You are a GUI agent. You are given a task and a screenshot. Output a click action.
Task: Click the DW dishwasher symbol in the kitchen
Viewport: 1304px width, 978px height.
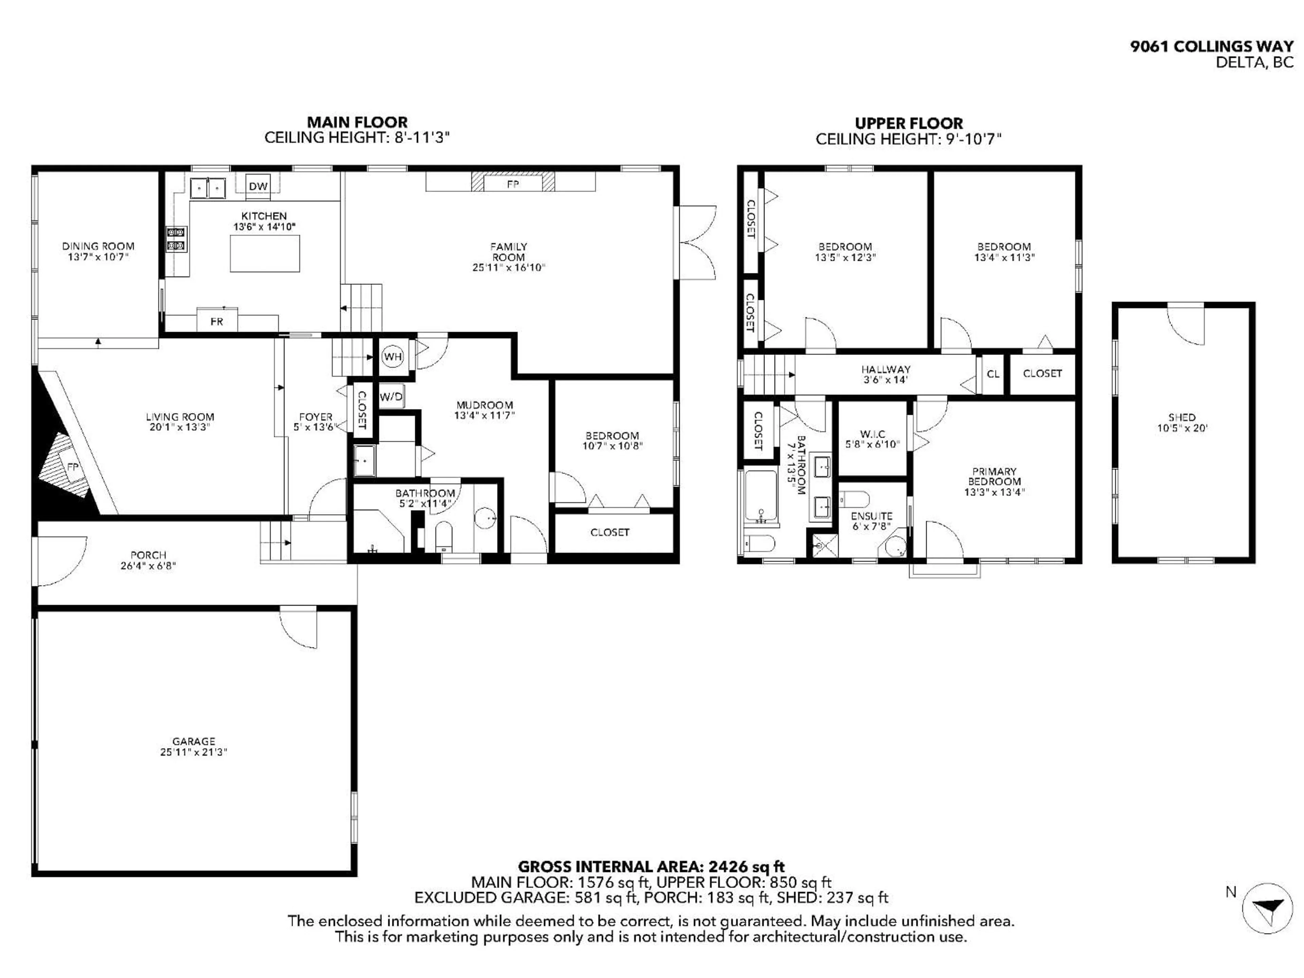tap(258, 186)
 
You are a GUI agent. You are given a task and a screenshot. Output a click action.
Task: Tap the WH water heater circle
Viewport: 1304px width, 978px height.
tap(393, 357)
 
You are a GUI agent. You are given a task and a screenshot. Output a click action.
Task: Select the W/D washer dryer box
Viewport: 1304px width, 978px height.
tap(391, 397)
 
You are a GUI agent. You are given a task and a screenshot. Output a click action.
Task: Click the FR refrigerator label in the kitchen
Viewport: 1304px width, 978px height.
tap(217, 321)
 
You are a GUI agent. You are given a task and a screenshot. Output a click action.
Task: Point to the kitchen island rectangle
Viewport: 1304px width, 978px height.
tap(265, 253)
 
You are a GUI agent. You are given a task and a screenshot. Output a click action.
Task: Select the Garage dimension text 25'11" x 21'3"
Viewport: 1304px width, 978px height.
tap(193, 752)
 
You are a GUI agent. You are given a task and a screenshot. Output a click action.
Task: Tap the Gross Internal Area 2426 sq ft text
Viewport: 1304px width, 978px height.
tap(651, 867)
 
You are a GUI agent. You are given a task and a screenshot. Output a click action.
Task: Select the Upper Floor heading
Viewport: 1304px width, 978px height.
tap(908, 123)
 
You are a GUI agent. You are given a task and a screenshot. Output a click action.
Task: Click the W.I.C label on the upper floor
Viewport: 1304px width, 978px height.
tap(872, 434)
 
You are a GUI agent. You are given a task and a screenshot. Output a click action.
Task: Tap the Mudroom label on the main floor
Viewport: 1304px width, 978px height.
tap(485, 405)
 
